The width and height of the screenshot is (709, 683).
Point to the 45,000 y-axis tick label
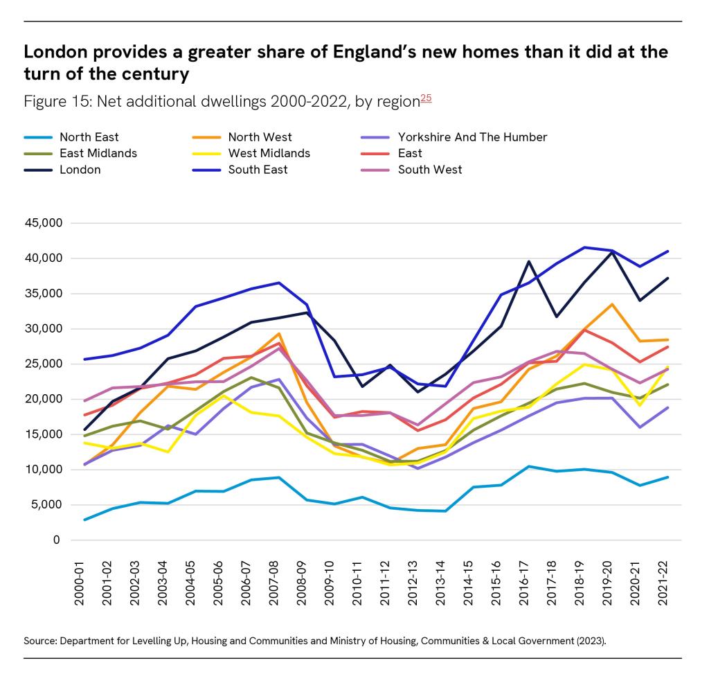[44, 223]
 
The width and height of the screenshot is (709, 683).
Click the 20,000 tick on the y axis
[44, 399]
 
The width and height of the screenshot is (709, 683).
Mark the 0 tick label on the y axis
[55, 540]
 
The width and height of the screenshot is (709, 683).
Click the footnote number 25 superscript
[426, 98]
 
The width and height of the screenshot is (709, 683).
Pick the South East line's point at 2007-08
[278, 283]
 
